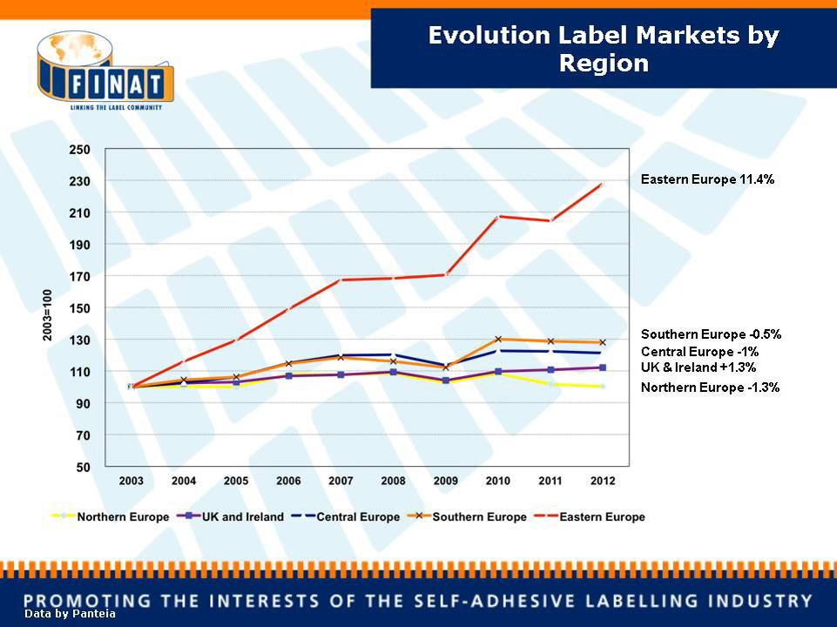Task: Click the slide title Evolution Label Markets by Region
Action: click(603, 49)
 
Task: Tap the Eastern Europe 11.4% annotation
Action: click(707, 179)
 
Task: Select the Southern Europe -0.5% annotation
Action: click(711, 334)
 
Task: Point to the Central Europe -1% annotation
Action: click(700, 352)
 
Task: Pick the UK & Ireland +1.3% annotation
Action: click(699, 367)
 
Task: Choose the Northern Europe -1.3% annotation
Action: click(710, 388)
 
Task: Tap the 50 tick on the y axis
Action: click(84, 467)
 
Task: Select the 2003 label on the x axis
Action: click(132, 481)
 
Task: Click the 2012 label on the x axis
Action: click(603, 481)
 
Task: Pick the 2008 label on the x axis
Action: click(393, 481)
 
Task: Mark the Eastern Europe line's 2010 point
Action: click(497, 216)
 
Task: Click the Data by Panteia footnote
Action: click(70, 614)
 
